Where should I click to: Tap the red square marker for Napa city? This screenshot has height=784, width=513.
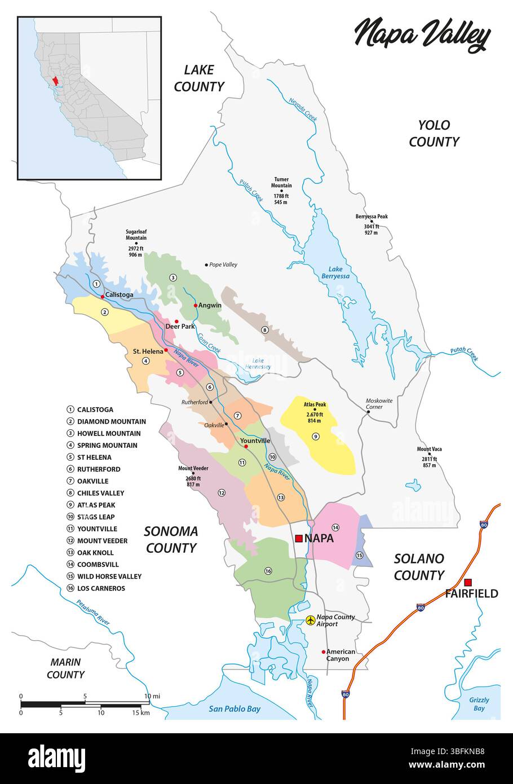tap(298, 538)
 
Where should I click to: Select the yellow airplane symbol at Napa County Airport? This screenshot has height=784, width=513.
tap(310, 620)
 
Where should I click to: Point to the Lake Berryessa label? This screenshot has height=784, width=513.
tap(336, 272)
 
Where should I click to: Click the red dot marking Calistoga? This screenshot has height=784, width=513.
tap(102, 296)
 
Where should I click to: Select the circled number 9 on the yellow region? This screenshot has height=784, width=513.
tap(316, 436)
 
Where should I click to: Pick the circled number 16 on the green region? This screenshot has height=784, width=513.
tap(268, 571)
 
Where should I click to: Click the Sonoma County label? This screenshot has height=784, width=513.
tap(170, 539)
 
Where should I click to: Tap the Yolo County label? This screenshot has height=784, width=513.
tap(434, 133)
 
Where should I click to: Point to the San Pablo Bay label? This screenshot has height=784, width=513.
tap(235, 709)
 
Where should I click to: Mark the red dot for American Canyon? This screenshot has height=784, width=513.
tap(323, 651)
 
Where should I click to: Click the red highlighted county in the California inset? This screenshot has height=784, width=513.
tap(55, 82)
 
